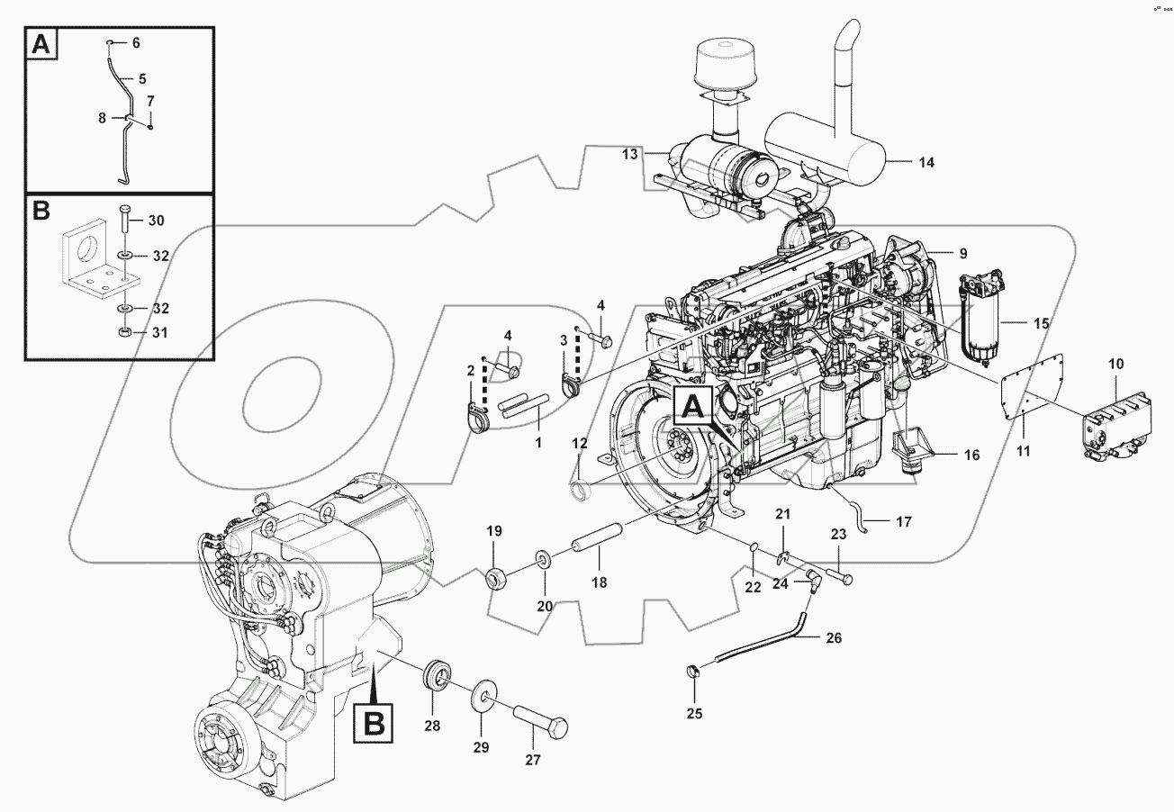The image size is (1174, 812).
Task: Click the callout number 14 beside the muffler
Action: coord(926,163)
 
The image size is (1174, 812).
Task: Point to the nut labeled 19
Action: coord(496,578)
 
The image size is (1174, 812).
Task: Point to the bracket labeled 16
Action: coord(910,448)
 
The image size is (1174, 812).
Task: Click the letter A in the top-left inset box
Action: coord(40,44)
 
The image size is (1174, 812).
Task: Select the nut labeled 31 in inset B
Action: coord(125,334)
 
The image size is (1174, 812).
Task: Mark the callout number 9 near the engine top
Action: coord(962,254)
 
